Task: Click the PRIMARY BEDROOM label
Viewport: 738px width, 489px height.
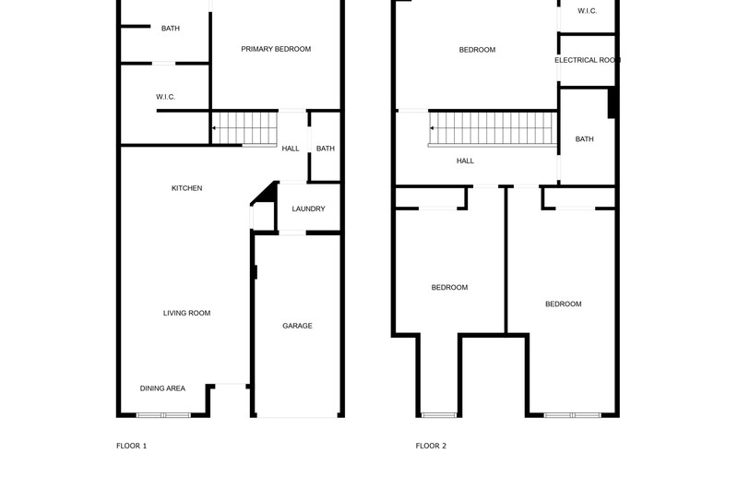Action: tap(276, 49)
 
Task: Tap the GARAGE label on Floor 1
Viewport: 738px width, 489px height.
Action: tap(297, 326)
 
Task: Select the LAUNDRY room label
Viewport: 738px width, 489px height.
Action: tap(308, 209)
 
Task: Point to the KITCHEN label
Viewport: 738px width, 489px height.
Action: tap(187, 188)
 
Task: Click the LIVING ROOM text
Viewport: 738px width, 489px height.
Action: tap(187, 313)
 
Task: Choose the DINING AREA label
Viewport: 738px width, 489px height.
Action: tap(162, 388)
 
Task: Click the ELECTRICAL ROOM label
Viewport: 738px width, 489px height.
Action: tap(588, 60)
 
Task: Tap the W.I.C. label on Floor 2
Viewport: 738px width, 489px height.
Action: tap(588, 11)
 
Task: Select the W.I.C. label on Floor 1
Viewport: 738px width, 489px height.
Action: tap(166, 97)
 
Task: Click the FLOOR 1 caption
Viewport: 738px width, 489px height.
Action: tap(132, 446)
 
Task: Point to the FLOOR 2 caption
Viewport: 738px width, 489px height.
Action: tap(431, 446)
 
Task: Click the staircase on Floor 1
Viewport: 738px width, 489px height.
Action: tap(244, 128)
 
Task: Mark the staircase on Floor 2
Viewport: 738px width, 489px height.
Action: tap(493, 129)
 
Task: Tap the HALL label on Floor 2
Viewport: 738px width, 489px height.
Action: tap(465, 161)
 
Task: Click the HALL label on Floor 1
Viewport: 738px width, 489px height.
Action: tap(291, 149)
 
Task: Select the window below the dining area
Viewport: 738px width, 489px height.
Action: tap(163, 415)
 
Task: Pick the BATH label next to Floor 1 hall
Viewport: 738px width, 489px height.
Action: tap(326, 149)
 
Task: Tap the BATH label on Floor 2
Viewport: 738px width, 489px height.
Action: tap(584, 139)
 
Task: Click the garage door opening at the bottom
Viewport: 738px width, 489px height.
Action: tap(297, 415)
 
